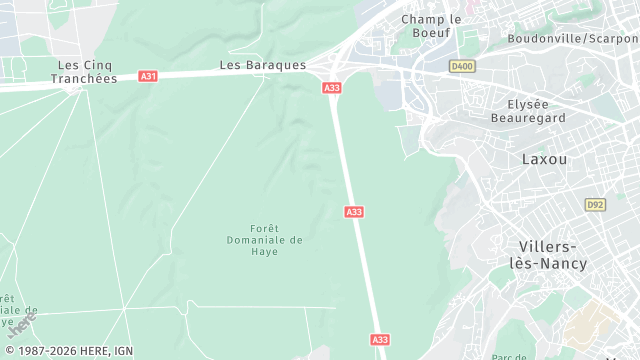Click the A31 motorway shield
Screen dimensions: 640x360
[x=148, y=76]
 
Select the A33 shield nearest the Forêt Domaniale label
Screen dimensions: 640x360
[x=354, y=212]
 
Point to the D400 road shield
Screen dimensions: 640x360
[x=461, y=67]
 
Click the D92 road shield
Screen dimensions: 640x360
[x=595, y=204]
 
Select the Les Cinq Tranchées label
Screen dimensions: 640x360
[x=84, y=71]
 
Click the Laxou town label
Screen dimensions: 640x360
[x=544, y=159]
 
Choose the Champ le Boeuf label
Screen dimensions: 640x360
[x=431, y=26]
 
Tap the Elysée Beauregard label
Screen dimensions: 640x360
[x=536, y=110]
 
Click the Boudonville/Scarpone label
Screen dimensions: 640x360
[x=573, y=39]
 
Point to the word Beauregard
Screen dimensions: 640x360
[x=536, y=117]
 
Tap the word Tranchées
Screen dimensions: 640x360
[x=84, y=78]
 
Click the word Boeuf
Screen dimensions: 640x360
[x=431, y=33]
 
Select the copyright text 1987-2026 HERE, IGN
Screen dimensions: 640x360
[x=67, y=351]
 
